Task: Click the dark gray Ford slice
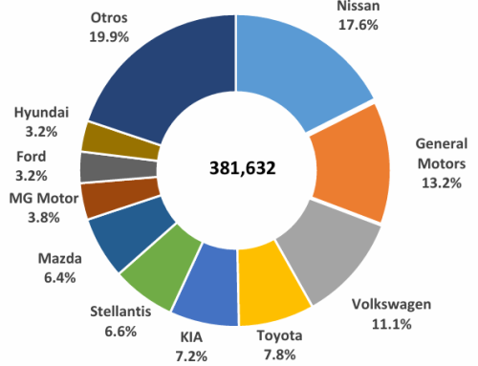tap(96, 166)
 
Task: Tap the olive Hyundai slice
tap(99, 136)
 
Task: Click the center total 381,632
tap(243, 168)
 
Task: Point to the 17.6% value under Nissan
tap(356, 27)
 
